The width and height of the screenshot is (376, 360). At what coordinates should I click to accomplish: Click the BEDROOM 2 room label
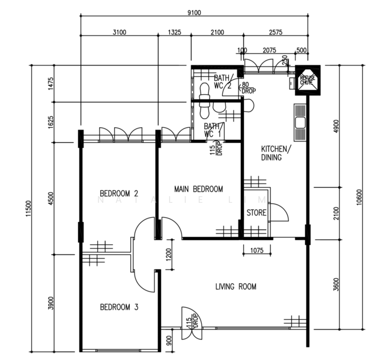click(119, 193)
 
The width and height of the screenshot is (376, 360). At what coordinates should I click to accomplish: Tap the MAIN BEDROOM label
click(198, 189)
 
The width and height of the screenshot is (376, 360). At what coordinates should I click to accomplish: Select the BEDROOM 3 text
click(119, 307)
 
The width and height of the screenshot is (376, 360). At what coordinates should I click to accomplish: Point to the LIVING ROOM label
click(235, 287)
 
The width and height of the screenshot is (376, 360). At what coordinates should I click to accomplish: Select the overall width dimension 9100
click(193, 12)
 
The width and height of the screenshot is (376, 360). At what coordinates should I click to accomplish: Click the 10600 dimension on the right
click(359, 198)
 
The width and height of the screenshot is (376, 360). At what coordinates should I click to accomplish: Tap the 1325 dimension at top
click(175, 32)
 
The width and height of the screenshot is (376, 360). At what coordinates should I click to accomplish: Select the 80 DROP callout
click(247, 88)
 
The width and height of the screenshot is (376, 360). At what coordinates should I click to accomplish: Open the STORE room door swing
click(277, 213)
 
